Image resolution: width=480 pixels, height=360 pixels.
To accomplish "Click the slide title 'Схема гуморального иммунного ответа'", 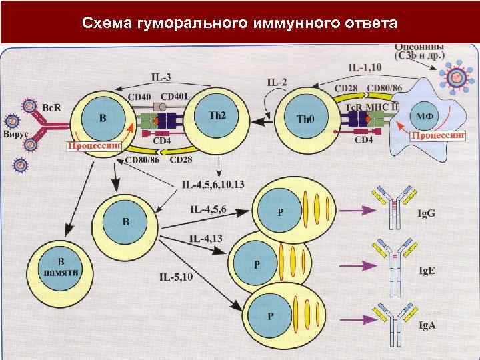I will coord(239,23).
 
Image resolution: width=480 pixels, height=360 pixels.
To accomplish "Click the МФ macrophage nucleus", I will coord(426,115).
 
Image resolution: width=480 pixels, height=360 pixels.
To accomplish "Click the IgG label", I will coord(426,213).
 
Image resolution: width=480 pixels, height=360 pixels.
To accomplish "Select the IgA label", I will coord(426,325).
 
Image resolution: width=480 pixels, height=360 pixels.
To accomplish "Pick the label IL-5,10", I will coord(176,276).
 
